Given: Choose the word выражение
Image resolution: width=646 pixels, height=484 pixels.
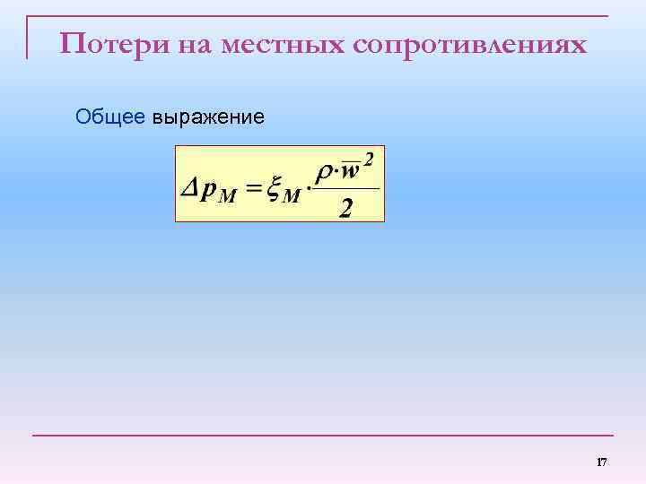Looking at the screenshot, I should tap(208, 117).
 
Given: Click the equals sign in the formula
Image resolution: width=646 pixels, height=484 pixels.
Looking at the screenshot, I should tap(252, 189).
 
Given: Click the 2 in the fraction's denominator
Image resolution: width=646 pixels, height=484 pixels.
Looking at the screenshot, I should tap(345, 208).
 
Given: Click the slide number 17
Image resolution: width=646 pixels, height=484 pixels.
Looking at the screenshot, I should tap(602, 462).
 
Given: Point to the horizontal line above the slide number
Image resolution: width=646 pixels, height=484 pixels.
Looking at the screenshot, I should tap(323, 436).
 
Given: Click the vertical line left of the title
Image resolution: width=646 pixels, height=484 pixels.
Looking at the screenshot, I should tap(27, 38).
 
